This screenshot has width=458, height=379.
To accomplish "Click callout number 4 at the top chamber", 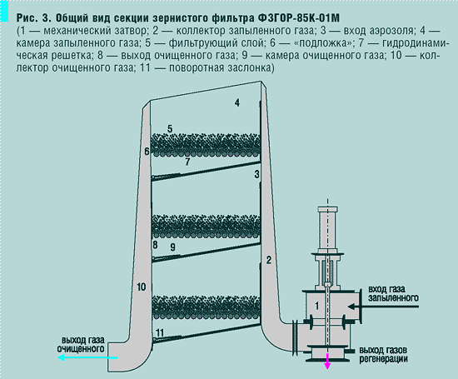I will point(236,102).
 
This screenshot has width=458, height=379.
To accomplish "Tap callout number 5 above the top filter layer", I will point(169,128).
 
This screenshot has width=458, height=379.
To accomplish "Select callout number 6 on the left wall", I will point(146,152).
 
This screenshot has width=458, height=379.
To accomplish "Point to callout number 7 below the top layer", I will point(188,162).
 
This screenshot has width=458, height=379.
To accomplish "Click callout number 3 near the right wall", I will point(257,174).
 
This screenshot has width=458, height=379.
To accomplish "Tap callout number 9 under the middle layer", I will point(172,247).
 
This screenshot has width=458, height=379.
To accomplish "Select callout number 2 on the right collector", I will point(269,261).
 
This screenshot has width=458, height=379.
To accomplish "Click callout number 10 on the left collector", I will point(141,287).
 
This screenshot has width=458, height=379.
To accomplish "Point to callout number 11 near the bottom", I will point(159,332).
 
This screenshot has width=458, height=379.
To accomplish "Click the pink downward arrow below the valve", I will point(327,361).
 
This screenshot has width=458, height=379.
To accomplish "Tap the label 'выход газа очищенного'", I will point(81,344).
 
